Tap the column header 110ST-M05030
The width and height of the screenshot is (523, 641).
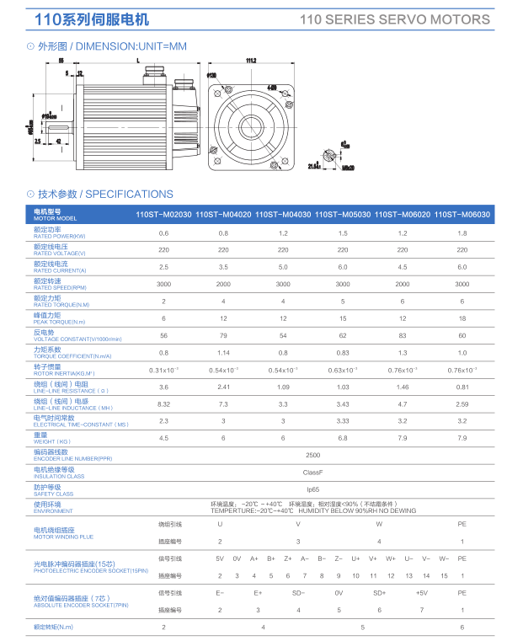pyautogui.click(x=343, y=215)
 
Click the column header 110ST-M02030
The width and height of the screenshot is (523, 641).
pyautogui.click(x=163, y=215)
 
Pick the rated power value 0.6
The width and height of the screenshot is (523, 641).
pyautogui.click(x=163, y=232)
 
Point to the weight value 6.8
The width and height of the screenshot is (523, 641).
pyautogui.click(x=343, y=438)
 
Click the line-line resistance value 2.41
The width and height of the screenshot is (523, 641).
pyautogui.click(x=223, y=387)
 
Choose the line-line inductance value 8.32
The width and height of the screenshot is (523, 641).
pyautogui.click(x=163, y=404)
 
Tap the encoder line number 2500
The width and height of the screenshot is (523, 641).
pyautogui.click(x=312, y=455)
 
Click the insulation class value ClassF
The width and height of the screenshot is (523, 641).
pyautogui.click(x=312, y=473)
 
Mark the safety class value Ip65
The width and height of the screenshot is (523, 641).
pyautogui.click(x=312, y=489)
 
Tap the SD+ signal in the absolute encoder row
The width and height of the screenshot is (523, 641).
pyautogui.click(x=379, y=592)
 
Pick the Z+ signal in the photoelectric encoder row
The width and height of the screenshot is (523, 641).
pyautogui.click(x=288, y=558)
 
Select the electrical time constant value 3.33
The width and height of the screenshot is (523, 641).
pyautogui.click(x=343, y=421)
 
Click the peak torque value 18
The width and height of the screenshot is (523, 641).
pyautogui.click(x=462, y=318)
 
